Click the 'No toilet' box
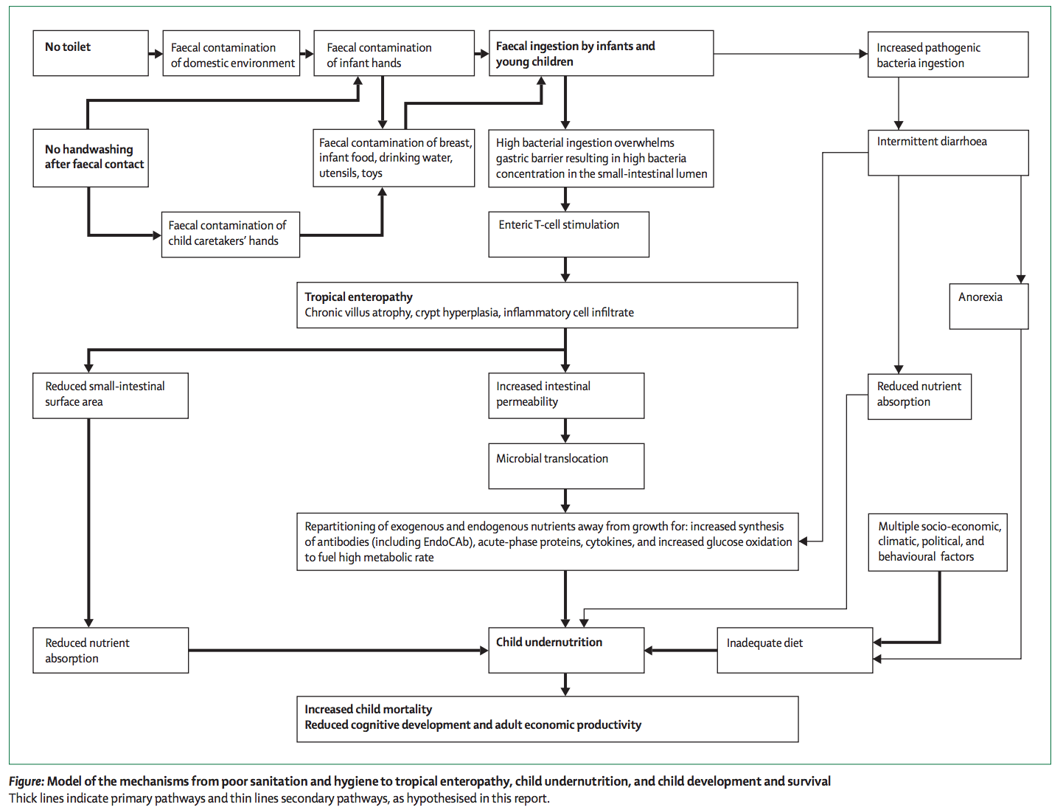[91, 53]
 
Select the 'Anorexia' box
[989, 306]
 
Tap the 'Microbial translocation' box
[566, 466]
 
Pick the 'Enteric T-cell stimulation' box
[568, 235]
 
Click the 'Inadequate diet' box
[795, 650]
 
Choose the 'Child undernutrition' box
[566, 650]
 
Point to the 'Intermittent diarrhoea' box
[948, 153]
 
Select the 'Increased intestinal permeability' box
[566, 395]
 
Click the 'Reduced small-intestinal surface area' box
[111, 395]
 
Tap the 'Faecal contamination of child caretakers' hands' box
[231, 235]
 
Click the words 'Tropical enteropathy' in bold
[358, 297]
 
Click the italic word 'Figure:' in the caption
[27, 781]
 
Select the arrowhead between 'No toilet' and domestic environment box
[158, 53]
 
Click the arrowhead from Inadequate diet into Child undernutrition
[649, 650]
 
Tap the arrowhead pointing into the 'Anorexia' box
[1021, 279]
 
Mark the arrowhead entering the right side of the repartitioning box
[803, 541]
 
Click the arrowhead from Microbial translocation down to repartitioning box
[565, 508]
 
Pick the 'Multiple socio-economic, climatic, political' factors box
[938, 542]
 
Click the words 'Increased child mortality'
[368, 709]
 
